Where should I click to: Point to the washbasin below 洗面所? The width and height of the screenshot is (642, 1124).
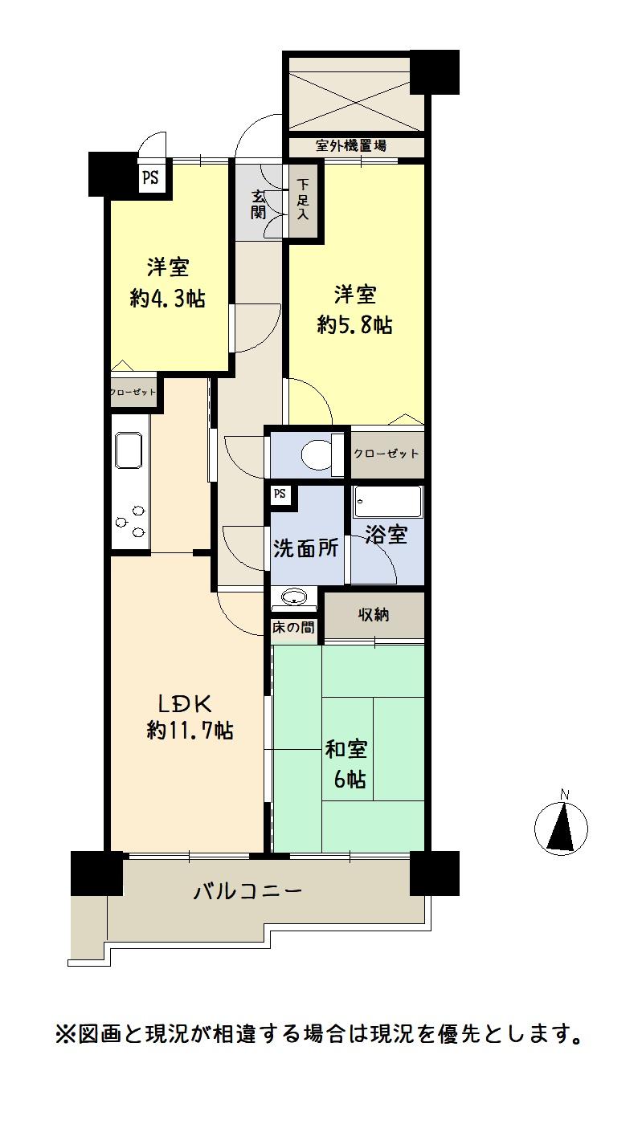pyautogui.click(x=294, y=597)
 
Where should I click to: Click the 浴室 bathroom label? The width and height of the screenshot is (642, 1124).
pyautogui.click(x=386, y=535)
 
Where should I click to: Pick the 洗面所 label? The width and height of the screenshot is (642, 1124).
pyautogui.click(x=306, y=549)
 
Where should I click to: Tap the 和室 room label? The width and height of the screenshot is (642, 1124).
pyautogui.click(x=347, y=750)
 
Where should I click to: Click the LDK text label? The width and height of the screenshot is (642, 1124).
pyautogui.click(x=184, y=704)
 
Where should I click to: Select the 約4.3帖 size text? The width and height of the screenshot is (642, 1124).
pyautogui.click(x=168, y=299)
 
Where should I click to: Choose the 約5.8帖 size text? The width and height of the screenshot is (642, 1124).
pyautogui.click(x=354, y=324)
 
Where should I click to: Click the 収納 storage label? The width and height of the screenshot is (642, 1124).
pyautogui.click(x=374, y=615)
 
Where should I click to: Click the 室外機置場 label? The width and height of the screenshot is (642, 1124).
pyautogui.click(x=351, y=146)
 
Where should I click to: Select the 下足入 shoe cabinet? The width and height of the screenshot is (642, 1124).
pyautogui.click(x=303, y=201)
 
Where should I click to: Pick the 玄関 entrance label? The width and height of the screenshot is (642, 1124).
pyautogui.click(x=258, y=204)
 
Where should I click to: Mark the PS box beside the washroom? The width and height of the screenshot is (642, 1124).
pyautogui.click(x=280, y=495)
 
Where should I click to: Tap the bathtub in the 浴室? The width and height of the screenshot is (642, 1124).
pyautogui.click(x=388, y=502)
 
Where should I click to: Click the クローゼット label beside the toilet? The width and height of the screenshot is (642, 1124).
pyautogui.click(x=386, y=454)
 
